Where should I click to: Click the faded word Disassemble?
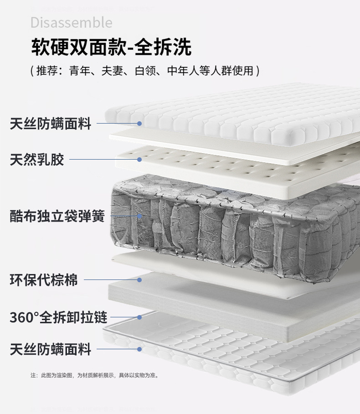pos(71,22)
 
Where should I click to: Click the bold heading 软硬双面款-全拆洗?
pos(111,47)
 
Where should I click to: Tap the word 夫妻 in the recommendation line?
pos(112,71)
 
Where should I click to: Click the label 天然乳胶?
pos(37,160)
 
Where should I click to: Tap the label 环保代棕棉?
pos(44,279)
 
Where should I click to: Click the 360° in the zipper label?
pos(24,317)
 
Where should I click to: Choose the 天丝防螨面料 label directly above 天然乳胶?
pos(51,123)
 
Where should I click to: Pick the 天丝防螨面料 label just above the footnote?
pos(51,349)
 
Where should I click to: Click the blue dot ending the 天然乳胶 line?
pos(139,160)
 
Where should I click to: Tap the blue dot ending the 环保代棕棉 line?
pos(139,279)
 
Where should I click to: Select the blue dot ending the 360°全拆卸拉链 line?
pos(139,317)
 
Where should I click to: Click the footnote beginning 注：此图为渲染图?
pos(94,375)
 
